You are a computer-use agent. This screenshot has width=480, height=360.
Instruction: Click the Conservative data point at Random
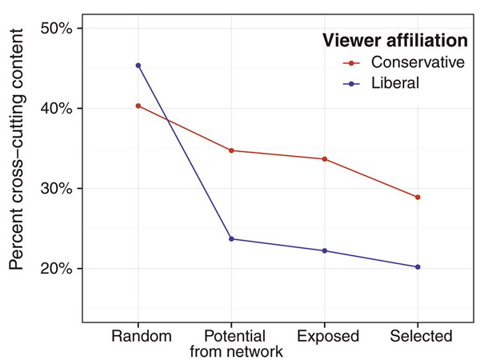pyautogui.click(x=138, y=106)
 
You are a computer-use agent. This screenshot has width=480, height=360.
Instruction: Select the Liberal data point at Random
pyautogui.click(x=138, y=65)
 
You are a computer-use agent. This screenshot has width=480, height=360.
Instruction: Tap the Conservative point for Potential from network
pyautogui.click(x=231, y=150)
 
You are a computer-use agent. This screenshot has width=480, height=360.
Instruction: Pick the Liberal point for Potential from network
pyautogui.click(x=231, y=238)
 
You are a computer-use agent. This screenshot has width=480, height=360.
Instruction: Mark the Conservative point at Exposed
pyautogui.click(x=324, y=159)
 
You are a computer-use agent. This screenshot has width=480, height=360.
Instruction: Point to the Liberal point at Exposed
pyautogui.click(x=324, y=250)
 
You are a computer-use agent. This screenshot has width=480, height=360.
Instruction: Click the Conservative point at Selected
pyautogui.click(x=418, y=197)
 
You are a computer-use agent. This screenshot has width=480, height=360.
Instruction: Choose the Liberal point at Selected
pyautogui.click(x=418, y=266)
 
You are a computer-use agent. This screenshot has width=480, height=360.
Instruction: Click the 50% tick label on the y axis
pyautogui.click(x=56, y=28)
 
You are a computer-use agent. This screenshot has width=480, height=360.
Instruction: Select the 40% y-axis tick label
pyautogui.click(x=56, y=108)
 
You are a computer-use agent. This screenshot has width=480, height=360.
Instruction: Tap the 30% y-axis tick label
pyautogui.click(x=56, y=188)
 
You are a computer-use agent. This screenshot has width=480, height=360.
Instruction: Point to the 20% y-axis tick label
pyautogui.click(x=56, y=268)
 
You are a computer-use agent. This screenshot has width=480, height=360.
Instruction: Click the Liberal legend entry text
pyautogui.click(x=395, y=82)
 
